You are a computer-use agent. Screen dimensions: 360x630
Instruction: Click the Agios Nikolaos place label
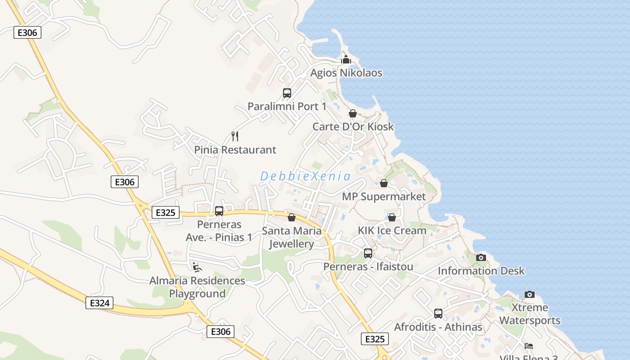pos(346,73)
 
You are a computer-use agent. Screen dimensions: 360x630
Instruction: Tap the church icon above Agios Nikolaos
pos(346,59)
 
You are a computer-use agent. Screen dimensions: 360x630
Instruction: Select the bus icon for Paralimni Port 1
pos(287,93)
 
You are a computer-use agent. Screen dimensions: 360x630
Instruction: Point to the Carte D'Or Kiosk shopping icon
pos(353,113)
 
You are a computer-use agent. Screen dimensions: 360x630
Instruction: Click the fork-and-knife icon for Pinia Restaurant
pos(235,136)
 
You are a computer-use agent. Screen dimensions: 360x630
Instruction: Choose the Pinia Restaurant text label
pos(235,150)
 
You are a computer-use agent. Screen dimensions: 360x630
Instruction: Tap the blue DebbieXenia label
pos(305,176)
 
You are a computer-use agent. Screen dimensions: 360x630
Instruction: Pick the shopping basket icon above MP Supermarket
pos(384,183)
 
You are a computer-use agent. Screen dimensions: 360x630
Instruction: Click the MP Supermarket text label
pos(383,197)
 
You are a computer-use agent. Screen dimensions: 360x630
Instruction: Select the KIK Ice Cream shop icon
pos(392,217)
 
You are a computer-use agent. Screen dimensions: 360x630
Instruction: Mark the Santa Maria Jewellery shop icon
pos(292,218)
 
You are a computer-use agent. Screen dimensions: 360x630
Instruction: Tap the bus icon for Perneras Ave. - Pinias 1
pos(219,211)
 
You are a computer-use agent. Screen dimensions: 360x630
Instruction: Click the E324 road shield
pos(99,303)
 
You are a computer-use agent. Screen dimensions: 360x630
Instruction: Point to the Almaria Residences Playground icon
pos(197,267)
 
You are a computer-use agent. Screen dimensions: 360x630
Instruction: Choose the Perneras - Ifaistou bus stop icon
pos(368,253)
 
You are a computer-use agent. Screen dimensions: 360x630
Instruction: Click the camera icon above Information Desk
pos(481,257)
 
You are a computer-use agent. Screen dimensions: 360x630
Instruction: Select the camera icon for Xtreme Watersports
pos(530,294)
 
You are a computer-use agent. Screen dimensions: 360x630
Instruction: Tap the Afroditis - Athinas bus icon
pos(438,314)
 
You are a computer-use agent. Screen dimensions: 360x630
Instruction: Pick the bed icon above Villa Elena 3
pos(529,346)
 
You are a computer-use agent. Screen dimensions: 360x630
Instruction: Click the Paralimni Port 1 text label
pos(287,107)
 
